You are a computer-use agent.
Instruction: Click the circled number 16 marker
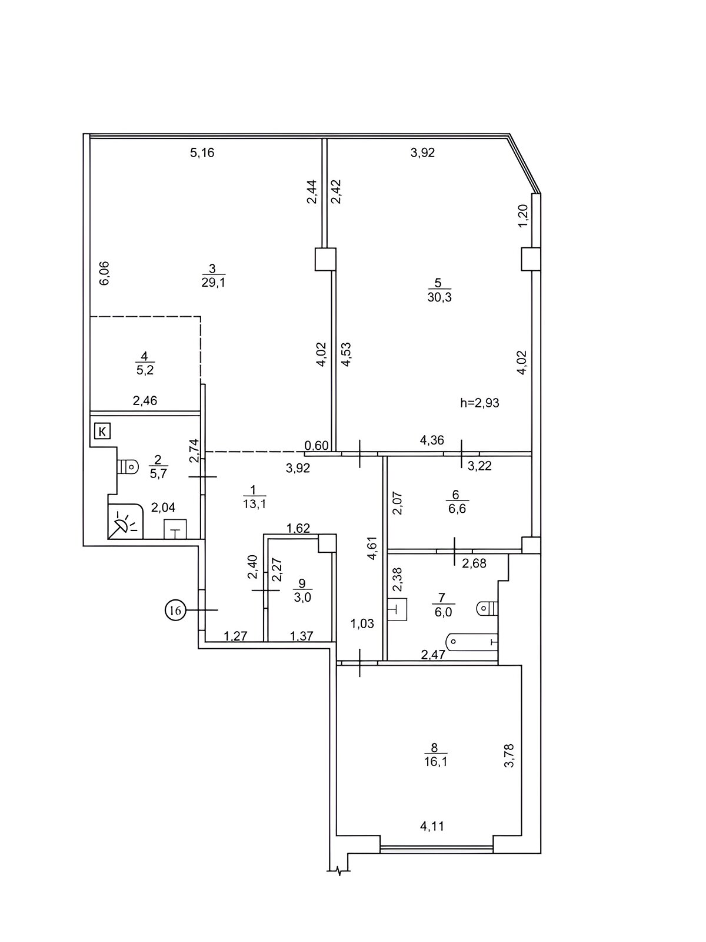pos(175,610)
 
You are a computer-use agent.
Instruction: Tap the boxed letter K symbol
pos(102,430)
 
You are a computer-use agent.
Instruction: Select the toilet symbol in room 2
pos(128,466)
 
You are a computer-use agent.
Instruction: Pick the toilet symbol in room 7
pos(487,608)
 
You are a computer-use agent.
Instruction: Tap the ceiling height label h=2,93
pos(479,403)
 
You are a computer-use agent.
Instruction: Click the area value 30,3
pos(439,297)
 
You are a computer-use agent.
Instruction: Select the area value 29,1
pos(213,283)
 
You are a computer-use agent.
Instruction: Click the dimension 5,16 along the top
pos(202,152)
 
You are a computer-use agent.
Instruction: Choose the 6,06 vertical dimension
pos(105,273)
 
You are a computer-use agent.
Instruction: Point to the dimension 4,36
pos(432,440)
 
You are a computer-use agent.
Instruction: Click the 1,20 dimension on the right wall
pos(524,216)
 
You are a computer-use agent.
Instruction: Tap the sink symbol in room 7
pos(397,609)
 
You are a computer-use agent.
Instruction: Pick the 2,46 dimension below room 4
pos(145,400)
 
